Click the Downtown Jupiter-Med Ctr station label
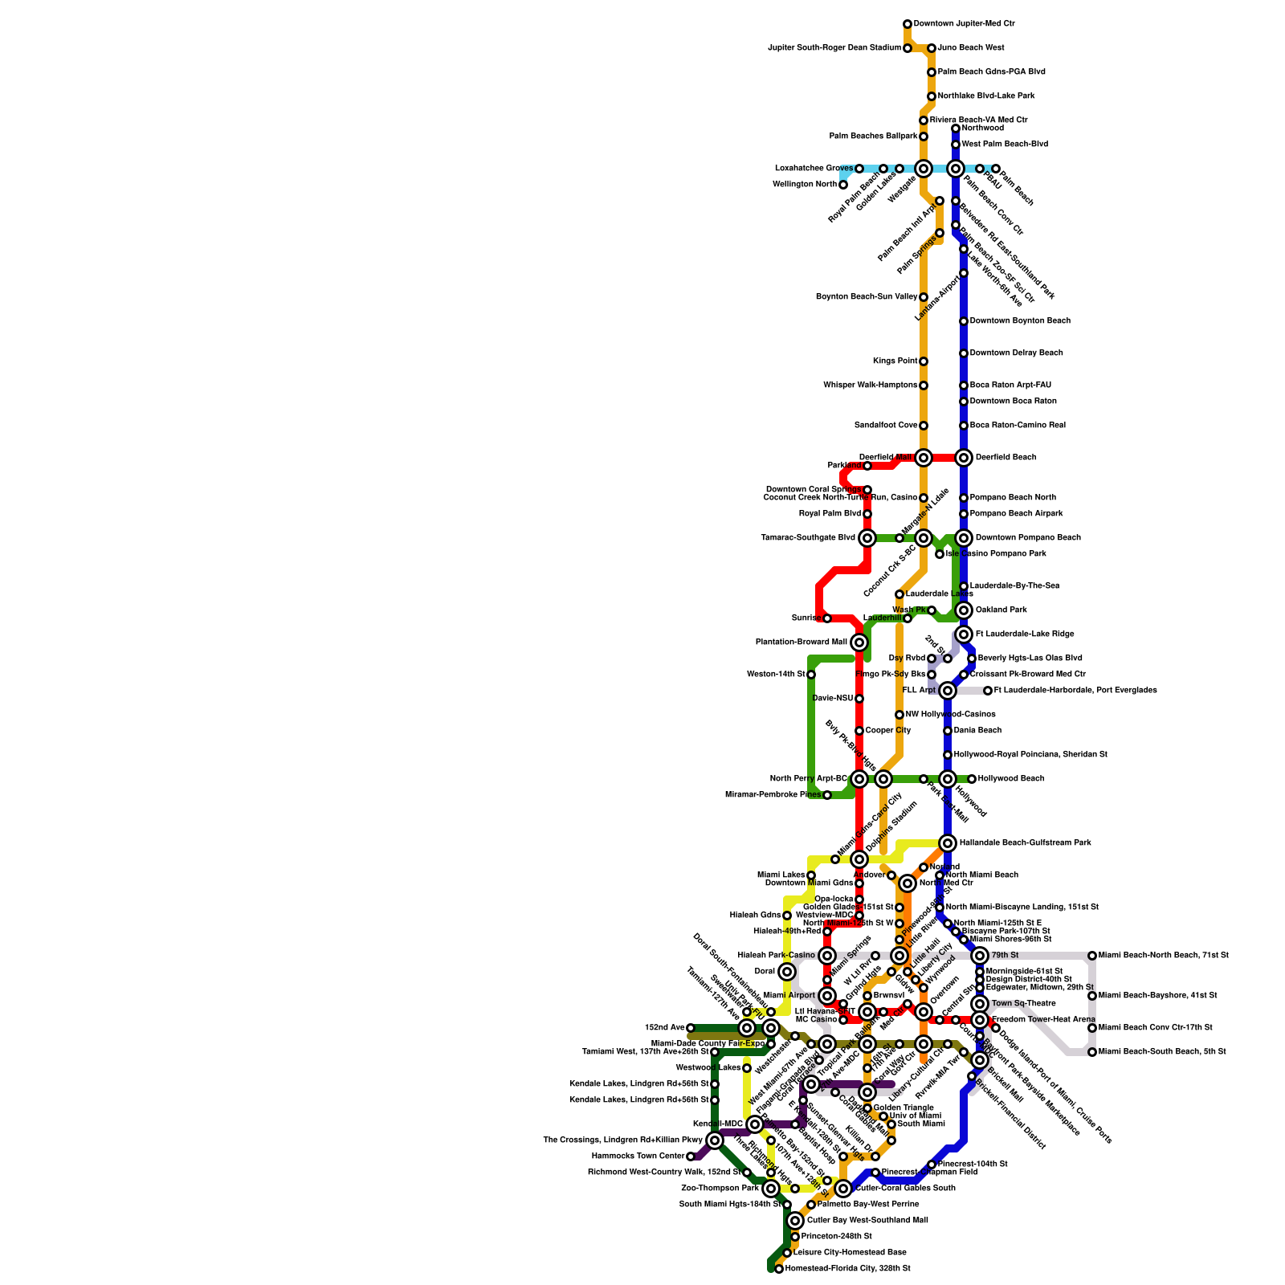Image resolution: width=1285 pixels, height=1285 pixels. [x=964, y=24]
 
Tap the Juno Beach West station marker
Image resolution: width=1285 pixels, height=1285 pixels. [x=932, y=48]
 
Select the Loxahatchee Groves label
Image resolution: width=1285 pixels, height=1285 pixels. [x=814, y=169]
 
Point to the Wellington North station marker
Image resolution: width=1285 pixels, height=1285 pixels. [x=843, y=185]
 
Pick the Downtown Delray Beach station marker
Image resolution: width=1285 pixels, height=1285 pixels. [x=964, y=353]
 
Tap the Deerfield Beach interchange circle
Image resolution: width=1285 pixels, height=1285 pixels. [x=964, y=458]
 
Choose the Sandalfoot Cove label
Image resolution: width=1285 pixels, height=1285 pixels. [x=886, y=426]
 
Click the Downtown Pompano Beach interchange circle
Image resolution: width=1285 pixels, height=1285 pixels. [x=964, y=538]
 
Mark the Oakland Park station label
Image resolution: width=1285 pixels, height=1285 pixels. [x=1001, y=610]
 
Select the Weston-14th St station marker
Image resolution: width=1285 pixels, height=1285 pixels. [x=811, y=675]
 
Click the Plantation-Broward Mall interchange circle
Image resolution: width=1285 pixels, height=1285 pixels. [x=859, y=642]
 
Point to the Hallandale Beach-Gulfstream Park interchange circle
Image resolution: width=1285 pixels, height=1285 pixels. [x=948, y=843]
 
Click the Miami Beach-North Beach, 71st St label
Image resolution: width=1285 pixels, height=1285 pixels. [x=1163, y=956]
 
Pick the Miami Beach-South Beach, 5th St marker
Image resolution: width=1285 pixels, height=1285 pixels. [x=1092, y=1052]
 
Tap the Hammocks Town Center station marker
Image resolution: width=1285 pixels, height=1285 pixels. [x=691, y=1156]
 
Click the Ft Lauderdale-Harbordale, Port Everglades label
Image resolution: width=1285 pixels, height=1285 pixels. [x=1075, y=691]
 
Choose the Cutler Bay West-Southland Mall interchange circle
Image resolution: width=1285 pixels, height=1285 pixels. [x=795, y=1221]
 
